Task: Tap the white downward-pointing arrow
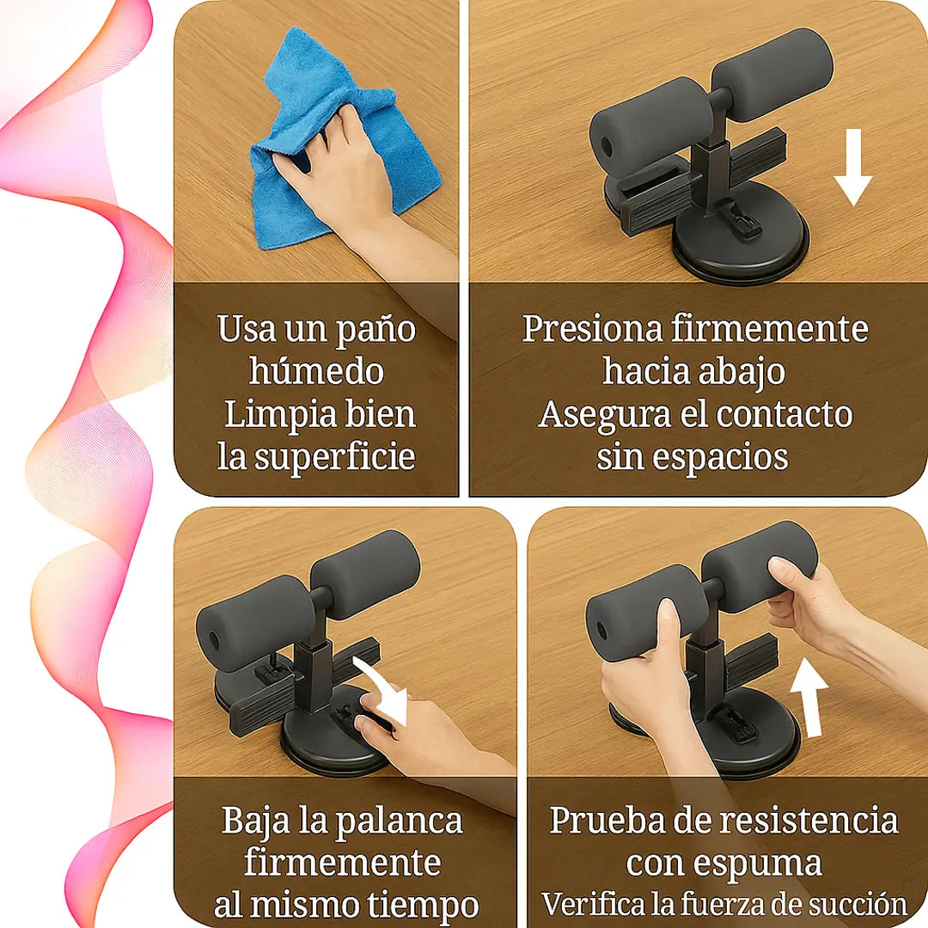pyautogui.click(x=853, y=168)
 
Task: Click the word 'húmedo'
pyautogui.click(x=316, y=372)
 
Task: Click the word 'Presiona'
pyautogui.click(x=592, y=329)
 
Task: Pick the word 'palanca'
pyautogui.click(x=399, y=822)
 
